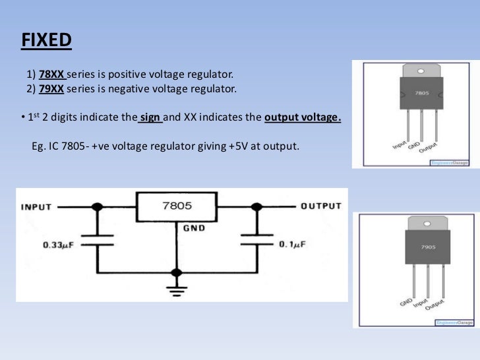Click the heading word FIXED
pyautogui.click(x=45, y=40)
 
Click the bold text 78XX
pyautogui.click(x=51, y=73)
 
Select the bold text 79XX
pyautogui.click(x=51, y=88)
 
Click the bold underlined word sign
pyautogui.click(x=150, y=118)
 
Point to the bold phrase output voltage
pyautogui.click(x=303, y=118)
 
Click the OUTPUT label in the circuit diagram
pyautogui.click(x=321, y=206)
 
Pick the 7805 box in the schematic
pyautogui.click(x=176, y=206)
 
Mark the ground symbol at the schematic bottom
pyautogui.click(x=176, y=289)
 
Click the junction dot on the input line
pyautogui.click(x=98, y=206)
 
